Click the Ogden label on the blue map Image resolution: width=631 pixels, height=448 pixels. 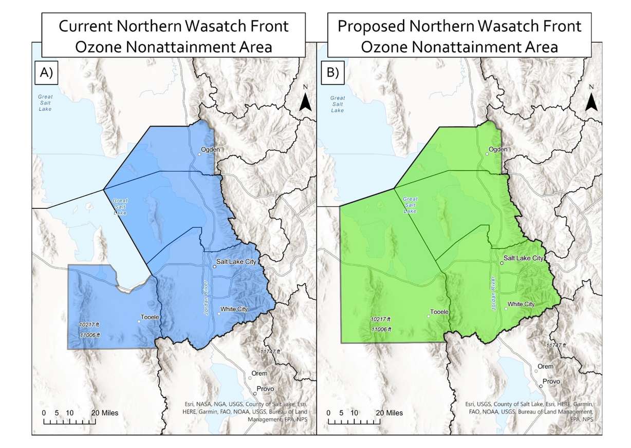pos(211,149)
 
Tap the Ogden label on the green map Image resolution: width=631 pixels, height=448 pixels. pos(498,149)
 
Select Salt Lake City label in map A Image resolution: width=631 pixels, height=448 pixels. pos(236,262)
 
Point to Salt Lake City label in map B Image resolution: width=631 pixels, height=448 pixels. pos(524,258)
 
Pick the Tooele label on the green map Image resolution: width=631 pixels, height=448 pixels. pos(440,312)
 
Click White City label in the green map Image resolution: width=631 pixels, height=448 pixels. pos(521,304)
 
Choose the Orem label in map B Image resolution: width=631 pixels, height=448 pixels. pos(545,366)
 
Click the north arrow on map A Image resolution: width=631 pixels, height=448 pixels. pos(305,101)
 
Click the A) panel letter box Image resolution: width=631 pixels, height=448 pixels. pos(47,72)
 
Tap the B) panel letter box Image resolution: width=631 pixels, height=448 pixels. pos(333,72)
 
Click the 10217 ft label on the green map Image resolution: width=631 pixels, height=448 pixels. pos(381,319)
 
